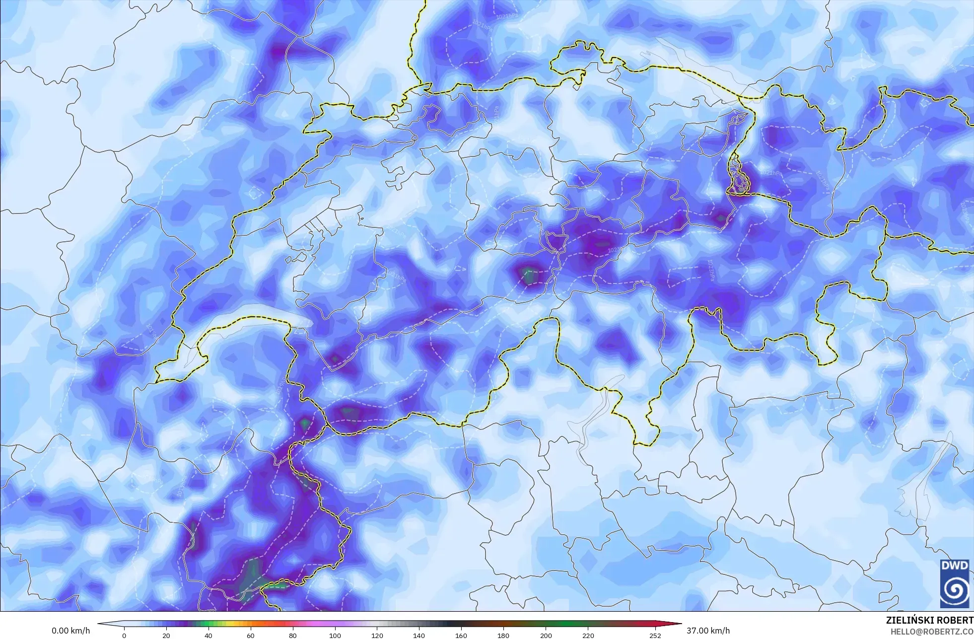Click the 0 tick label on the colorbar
124,636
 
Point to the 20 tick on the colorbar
166,636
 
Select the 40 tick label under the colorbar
209,636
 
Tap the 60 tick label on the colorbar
251,636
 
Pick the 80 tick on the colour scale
293,636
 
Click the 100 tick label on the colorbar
335,636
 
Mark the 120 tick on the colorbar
377,636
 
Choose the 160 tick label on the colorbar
461,636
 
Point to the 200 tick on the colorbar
546,636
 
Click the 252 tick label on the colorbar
655,636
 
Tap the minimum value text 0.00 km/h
71,631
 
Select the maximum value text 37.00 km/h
708,631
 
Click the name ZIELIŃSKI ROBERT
929,621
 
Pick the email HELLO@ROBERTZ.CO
931,632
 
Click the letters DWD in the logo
954,566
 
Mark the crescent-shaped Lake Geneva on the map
243,325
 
